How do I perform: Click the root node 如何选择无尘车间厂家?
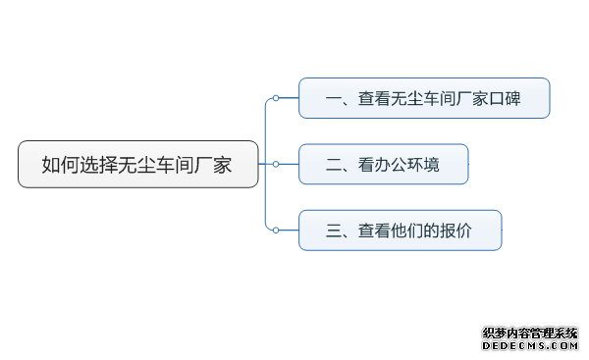[x=137, y=164]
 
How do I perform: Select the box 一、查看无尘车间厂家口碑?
[x=424, y=98]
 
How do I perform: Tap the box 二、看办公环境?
[x=383, y=164]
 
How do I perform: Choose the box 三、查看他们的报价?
[x=400, y=230]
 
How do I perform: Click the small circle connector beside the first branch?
[x=276, y=98]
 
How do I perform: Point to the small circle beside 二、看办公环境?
[x=276, y=164]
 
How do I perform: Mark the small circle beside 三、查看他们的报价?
[x=276, y=230]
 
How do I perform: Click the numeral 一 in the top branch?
[x=333, y=98]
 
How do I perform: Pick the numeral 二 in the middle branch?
[x=333, y=165]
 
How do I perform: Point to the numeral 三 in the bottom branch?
[x=333, y=231]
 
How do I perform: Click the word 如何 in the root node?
[x=61, y=165]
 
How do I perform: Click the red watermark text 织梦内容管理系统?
[x=530, y=334]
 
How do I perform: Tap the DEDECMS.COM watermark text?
[x=530, y=346]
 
